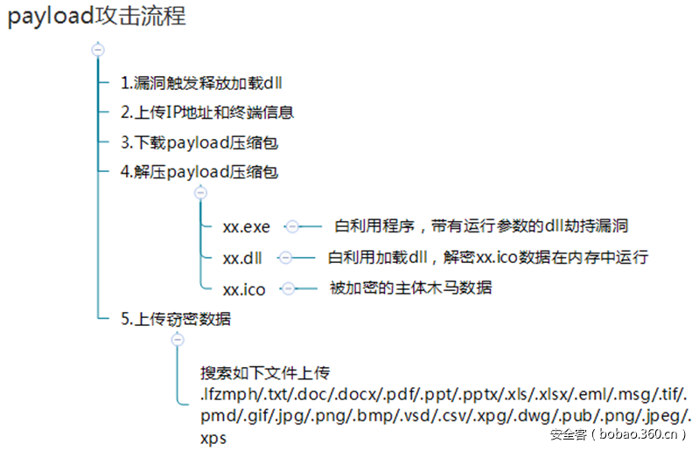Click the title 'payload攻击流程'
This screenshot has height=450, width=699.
(x=97, y=17)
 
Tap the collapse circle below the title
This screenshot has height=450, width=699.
(x=98, y=50)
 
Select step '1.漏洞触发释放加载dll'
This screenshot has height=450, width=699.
(x=201, y=83)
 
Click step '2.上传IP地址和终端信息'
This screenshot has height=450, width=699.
(x=207, y=112)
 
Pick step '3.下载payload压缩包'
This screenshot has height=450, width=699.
(x=199, y=142)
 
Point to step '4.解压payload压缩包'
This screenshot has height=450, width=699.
(x=199, y=172)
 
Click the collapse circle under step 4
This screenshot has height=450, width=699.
(x=200, y=193)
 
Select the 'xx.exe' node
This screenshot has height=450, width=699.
(x=247, y=227)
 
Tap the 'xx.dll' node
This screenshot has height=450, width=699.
(x=242, y=258)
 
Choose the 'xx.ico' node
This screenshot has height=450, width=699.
(x=244, y=290)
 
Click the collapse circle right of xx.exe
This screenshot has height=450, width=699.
(x=292, y=226)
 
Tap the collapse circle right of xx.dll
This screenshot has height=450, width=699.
(x=285, y=257)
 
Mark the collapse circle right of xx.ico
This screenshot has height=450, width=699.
(x=289, y=288)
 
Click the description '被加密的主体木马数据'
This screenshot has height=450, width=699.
(x=410, y=288)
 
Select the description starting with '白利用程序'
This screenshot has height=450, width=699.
(x=481, y=226)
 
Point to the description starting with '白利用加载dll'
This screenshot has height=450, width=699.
(x=487, y=257)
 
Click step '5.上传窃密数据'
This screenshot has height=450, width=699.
(x=176, y=319)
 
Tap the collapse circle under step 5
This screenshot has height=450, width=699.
(x=178, y=340)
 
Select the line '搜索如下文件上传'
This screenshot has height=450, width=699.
(x=265, y=373)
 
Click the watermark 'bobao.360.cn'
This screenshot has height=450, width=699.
(x=638, y=434)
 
